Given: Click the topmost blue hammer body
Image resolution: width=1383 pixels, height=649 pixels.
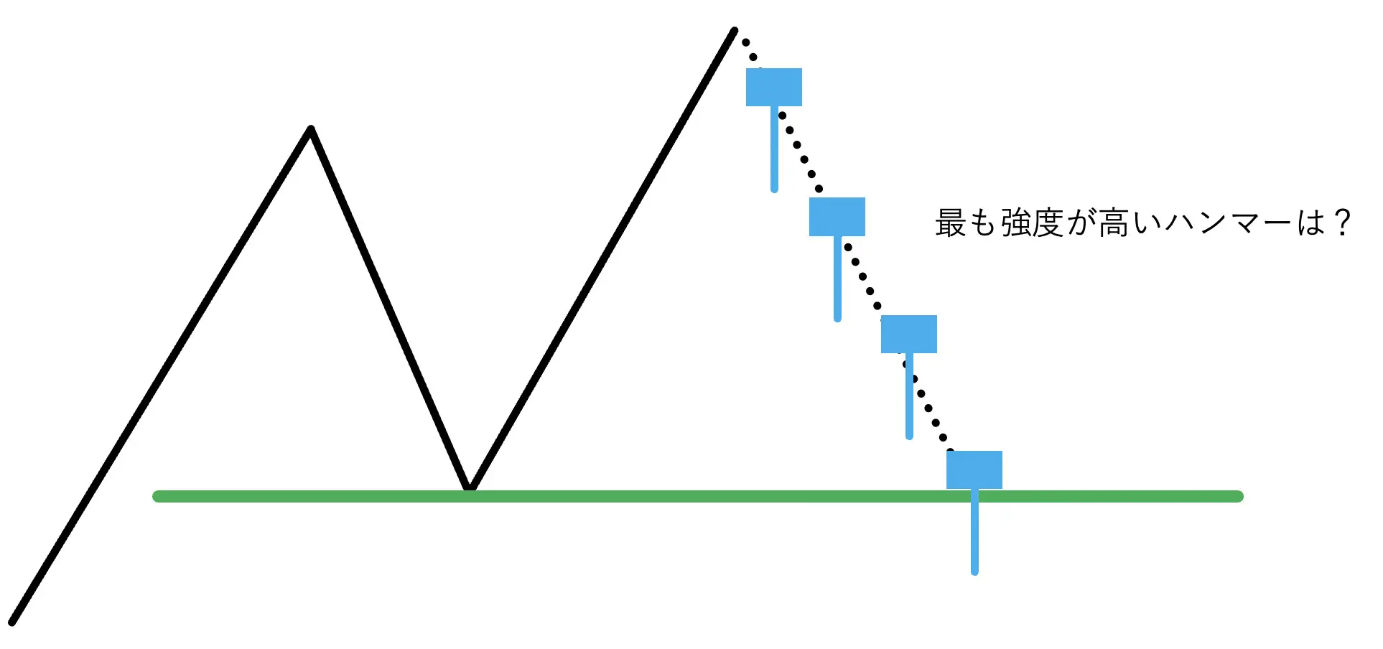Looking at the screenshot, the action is (x=773, y=87).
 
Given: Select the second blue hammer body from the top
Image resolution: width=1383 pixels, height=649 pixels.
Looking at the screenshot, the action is (x=837, y=216).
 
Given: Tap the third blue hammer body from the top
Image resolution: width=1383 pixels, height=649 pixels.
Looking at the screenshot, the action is (x=908, y=334).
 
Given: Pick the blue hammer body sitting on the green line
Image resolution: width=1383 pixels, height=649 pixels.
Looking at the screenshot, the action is (x=974, y=470).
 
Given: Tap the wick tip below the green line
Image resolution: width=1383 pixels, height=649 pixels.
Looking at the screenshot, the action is (x=974, y=570).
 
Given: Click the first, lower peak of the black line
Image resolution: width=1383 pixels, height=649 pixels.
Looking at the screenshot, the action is (x=310, y=130).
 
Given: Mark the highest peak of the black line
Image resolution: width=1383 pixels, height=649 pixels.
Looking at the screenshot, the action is (x=734, y=31).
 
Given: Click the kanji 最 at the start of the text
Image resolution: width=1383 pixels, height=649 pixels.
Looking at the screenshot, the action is (x=950, y=223).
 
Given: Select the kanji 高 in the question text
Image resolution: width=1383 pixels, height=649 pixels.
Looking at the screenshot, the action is (x=1113, y=223).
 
